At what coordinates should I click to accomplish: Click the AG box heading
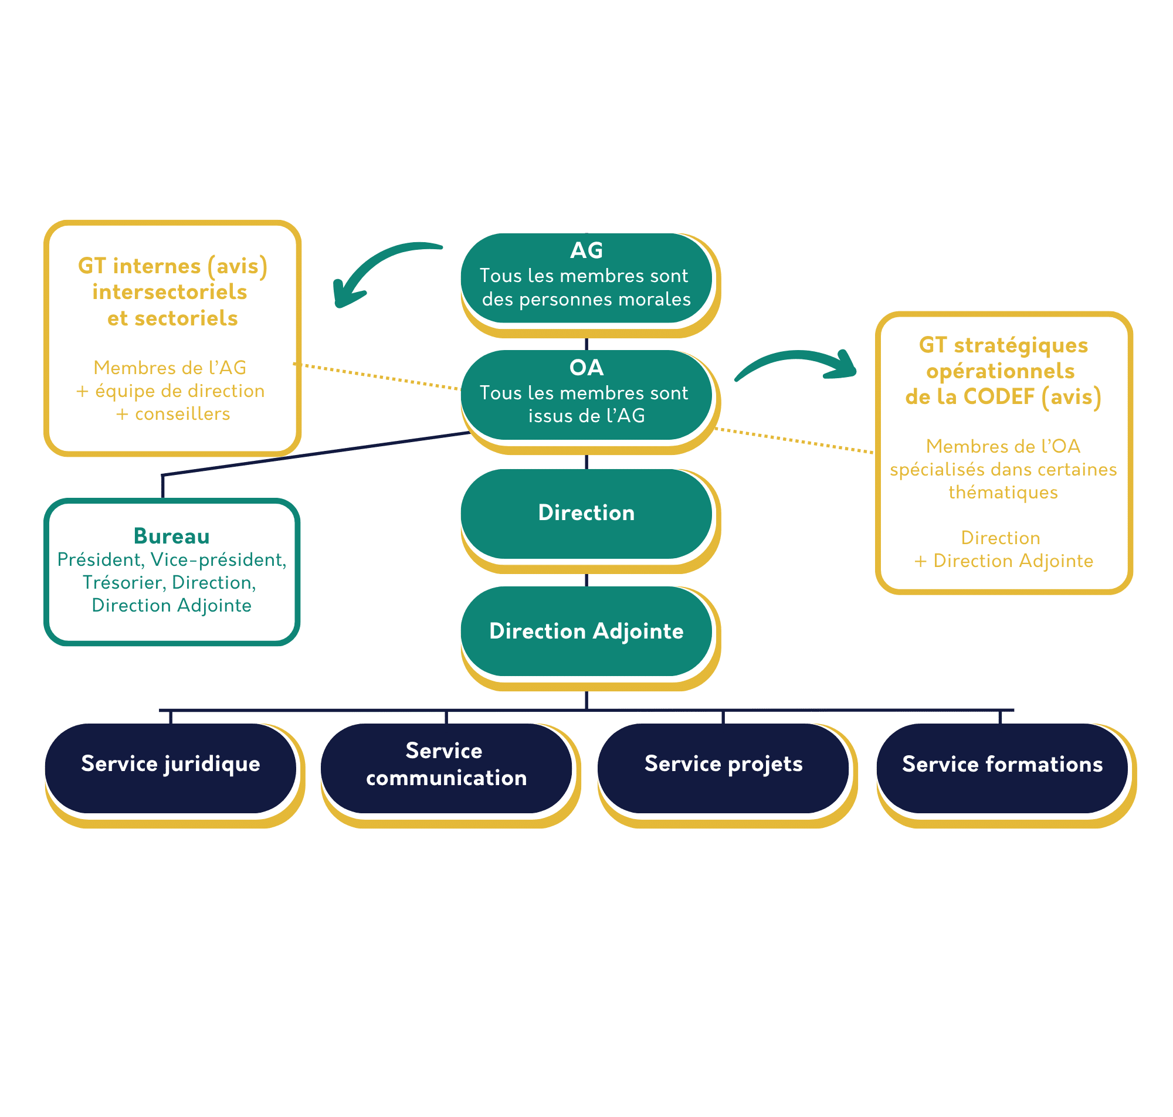586,251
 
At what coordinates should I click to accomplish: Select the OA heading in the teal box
586,368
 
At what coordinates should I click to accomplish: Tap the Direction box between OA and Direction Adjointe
586,513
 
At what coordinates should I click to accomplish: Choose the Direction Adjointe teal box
586,631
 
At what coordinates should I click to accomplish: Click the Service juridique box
171,764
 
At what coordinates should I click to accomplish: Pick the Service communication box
446,765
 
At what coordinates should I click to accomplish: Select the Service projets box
724,764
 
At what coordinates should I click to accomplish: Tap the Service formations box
1002,765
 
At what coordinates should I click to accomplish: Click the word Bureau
171,537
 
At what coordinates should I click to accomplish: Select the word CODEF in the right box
999,397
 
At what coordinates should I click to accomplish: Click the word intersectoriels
169,292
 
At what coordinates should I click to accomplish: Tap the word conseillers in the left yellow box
182,415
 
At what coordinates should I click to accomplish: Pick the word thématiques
1003,493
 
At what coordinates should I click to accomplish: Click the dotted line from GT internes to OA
378,376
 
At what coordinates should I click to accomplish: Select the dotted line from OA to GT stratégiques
795,440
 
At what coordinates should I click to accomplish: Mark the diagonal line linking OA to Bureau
316,454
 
